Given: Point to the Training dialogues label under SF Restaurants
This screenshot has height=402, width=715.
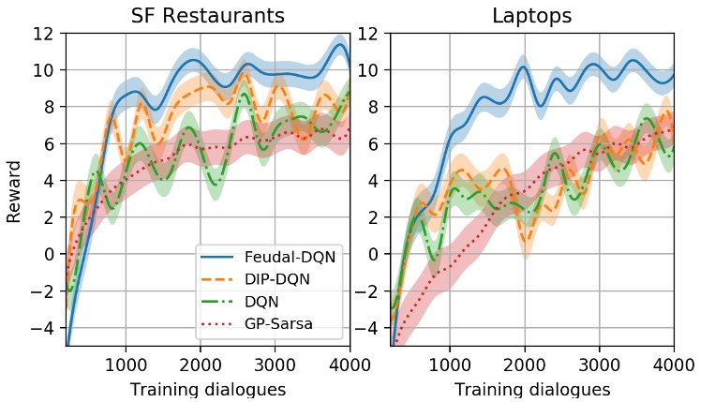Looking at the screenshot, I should point(207,388).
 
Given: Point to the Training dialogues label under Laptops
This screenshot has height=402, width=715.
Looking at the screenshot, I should point(531,388).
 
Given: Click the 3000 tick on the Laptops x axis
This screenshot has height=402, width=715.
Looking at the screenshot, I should point(599,365).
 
